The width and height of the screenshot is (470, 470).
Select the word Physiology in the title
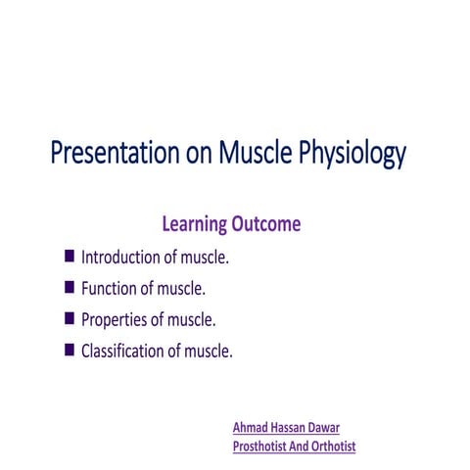coord(345,156)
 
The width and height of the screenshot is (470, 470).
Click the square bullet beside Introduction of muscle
coord(69,258)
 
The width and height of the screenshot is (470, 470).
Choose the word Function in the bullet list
coord(111,289)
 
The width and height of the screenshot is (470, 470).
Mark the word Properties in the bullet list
coord(115,320)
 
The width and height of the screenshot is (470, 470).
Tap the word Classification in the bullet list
coord(125,351)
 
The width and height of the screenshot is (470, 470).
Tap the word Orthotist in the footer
coord(335,446)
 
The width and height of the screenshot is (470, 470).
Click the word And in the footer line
coord(301,446)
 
